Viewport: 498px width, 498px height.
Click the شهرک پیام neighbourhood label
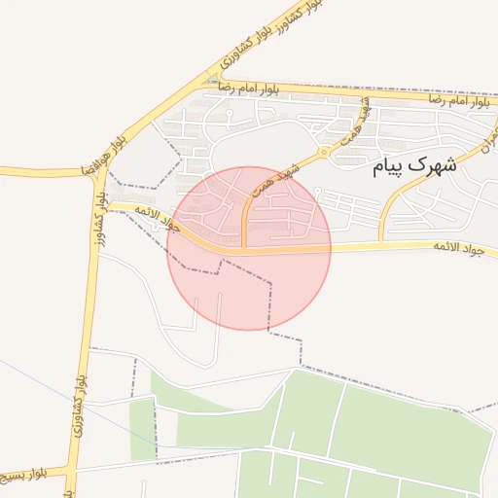tap(414, 166)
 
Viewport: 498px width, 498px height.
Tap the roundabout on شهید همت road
tap(324, 153)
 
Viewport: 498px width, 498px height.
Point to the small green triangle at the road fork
tap(213, 78)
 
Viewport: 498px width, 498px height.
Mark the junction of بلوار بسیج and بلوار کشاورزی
tap(71, 472)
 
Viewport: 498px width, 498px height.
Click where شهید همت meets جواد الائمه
tap(243, 249)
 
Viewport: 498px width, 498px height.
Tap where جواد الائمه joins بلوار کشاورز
tap(102, 205)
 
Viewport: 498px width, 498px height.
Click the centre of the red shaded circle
tap(249, 248)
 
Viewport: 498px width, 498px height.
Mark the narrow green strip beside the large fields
tap(142, 428)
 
